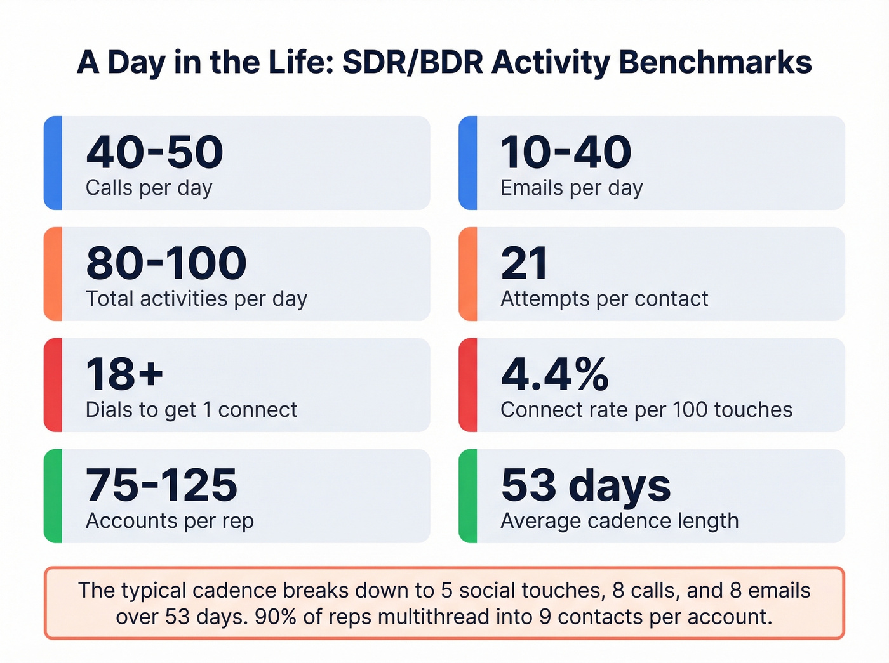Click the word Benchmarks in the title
pos(715,62)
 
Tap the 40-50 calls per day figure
pos(154,153)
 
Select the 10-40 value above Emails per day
pos(566,153)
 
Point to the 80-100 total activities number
pos(166,264)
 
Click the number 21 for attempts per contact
pos(524,264)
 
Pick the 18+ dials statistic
pos(124,375)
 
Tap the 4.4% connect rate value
pos(555,375)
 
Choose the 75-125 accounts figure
pos(161,486)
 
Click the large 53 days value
pos(585,486)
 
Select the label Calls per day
pos(149,188)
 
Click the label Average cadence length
pos(619,521)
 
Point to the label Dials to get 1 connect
pos(191,410)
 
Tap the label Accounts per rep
pos(170,521)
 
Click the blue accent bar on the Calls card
pos(53,163)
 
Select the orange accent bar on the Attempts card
pos(468,274)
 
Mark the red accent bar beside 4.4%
pos(468,385)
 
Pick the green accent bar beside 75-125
pos(53,496)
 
